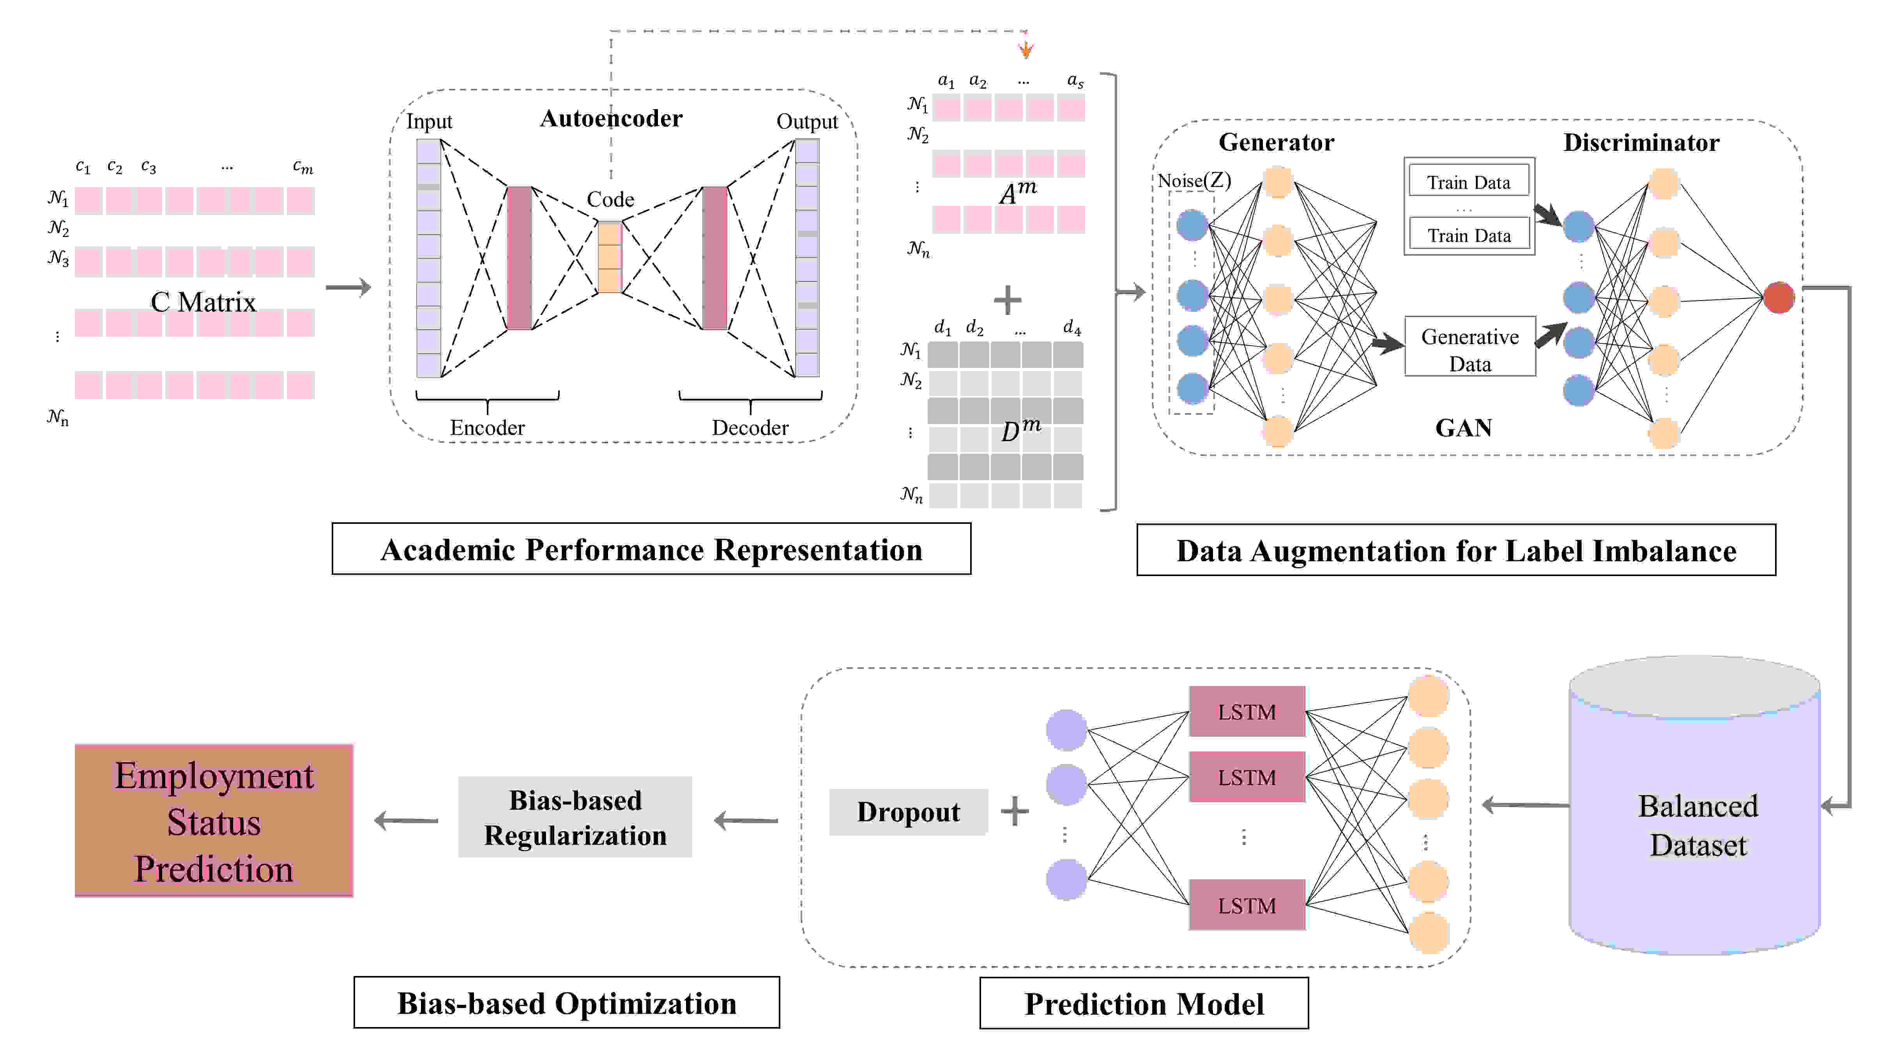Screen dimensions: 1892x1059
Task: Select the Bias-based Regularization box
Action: (575, 817)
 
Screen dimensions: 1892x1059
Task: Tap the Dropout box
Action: (909, 811)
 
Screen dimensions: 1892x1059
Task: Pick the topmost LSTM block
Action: (1247, 711)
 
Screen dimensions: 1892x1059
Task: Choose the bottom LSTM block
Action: (1247, 905)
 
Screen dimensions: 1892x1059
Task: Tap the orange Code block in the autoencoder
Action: (610, 257)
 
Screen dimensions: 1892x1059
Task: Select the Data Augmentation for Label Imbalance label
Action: (1457, 550)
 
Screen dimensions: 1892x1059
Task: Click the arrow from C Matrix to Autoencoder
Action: (348, 287)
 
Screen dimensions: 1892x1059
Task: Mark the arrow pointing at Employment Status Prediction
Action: (406, 820)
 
